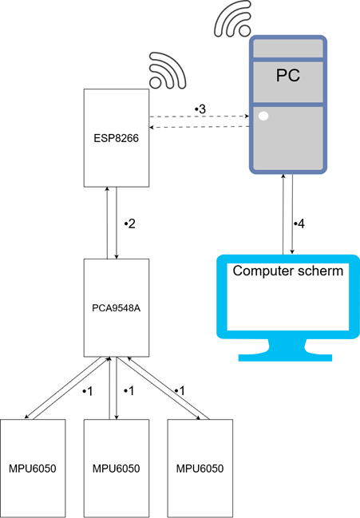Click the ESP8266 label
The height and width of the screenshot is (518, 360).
[117, 138]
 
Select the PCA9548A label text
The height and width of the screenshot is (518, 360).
[117, 308]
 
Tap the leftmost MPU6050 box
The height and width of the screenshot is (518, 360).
[33, 469]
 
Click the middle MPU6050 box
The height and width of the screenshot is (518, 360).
[117, 469]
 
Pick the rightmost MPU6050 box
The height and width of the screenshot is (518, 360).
[200, 469]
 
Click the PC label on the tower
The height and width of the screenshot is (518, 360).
[288, 75]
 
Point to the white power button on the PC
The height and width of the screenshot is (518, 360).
[263, 116]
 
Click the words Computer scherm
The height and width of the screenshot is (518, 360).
[288, 271]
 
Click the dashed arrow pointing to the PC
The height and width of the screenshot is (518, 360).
[199, 117]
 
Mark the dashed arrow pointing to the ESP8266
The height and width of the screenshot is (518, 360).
[199, 127]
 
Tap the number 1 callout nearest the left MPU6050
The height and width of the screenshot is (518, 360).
[89, 391]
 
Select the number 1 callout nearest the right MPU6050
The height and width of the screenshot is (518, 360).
[181, 391]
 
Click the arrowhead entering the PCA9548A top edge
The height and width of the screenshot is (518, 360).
[117, 257]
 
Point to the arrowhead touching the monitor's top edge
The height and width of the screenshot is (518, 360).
[292, 252]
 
